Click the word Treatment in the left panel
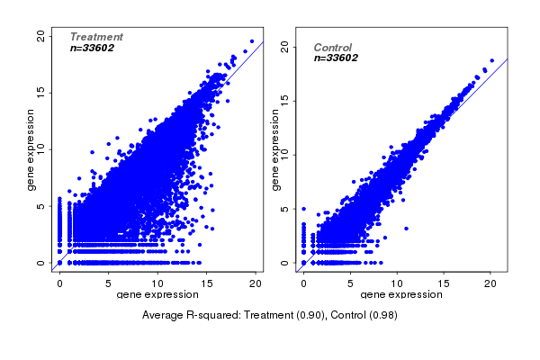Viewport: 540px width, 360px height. (x=96, y=37)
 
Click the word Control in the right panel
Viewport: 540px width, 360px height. (x=332, y=48)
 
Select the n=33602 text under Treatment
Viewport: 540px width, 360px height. (x=92, y=48)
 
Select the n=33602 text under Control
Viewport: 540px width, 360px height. (x=336, y=58)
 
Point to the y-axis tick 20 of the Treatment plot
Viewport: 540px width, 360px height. (x=41, y=35)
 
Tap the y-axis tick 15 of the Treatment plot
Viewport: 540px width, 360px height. (x=41, y=92)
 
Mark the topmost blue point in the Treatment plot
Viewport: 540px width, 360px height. (x=252, y=40)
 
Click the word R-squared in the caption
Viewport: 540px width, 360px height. (x=211, y=315)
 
